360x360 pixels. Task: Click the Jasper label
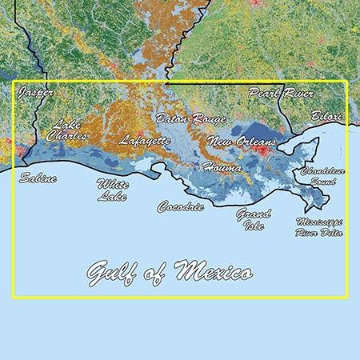click(36, 93)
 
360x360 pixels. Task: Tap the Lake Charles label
click(66, 130)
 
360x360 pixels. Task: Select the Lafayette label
click(145, 140)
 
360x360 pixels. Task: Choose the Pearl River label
click(277, 93)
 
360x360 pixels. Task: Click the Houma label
click(222, 167)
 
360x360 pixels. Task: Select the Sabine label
click(38, 178)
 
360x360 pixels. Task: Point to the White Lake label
click(111, 190)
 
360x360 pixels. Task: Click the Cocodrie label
click(180, 206)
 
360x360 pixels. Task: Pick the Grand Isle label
click(253, 218)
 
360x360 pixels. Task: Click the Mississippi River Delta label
click(319, 226)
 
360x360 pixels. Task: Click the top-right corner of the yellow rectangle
click(346, 82)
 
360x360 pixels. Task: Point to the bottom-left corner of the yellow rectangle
click(14, 298)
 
